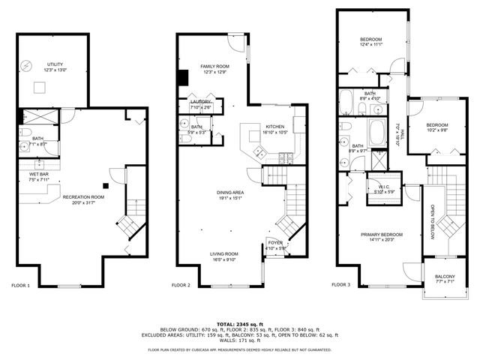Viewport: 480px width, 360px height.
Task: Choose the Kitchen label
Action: pyautogui.click(x=272, y=129)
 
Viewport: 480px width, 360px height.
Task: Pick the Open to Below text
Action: pyautogui.click(x=432, y=223)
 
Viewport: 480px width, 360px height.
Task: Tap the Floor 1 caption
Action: pyautogui.click(x=20, y=286)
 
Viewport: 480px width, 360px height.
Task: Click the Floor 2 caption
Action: pyautogui.click(x=181, y=286)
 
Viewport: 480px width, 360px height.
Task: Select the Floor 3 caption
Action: pyautogui.click(x=340, y=286)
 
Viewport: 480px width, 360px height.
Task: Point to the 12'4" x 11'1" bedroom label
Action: pyautogui.click(x=371, y=42)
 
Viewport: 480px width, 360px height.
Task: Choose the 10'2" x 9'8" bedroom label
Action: pyautogui.click(x=437, y=127)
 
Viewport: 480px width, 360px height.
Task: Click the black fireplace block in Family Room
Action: pyautogui.click(x=183, y=78)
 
